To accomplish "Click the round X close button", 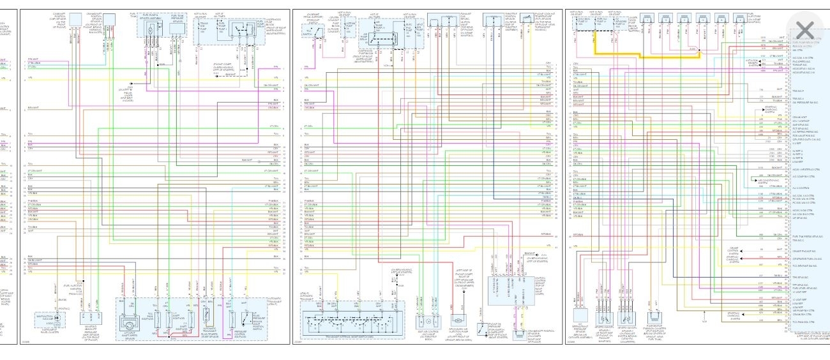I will click(x=805, y=30).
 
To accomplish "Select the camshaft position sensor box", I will click(x=75, y=20).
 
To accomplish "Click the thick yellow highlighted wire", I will click(x=645, y=56).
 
